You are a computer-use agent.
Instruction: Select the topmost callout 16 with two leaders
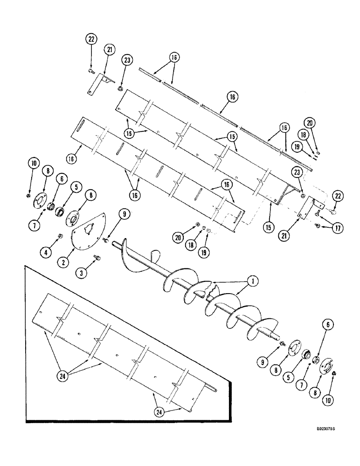point(174,57)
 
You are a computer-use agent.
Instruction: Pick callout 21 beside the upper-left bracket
point(109,50)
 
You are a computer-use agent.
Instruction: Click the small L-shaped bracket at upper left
point(99,84)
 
